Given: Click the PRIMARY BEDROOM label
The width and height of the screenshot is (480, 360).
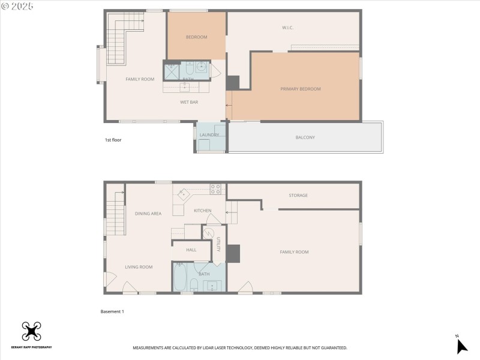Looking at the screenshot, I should [x=301, y=89].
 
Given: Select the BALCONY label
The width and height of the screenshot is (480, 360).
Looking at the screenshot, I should [x=305, y=137].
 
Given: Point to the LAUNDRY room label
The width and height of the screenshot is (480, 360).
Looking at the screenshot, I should [x=209, y=135].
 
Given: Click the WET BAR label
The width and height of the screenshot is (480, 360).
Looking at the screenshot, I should [x=189, y=102].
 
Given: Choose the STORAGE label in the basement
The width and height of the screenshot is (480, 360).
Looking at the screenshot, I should [x=298, y=195].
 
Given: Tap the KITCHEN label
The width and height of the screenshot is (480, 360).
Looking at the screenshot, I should [x=202, y=211].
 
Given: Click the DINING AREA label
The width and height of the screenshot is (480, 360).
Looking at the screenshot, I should [x=148, y=214].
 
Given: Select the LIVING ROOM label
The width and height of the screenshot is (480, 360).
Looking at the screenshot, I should [x=139, y=267].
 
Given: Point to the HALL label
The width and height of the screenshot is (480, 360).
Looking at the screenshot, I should [x=191, y=250].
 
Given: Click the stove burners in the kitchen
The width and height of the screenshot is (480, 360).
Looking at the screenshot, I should [x=215, y=188].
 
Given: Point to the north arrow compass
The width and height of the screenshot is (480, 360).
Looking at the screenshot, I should [x=461, y=345].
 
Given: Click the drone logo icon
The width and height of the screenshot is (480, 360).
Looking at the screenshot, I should [x=31, y=331].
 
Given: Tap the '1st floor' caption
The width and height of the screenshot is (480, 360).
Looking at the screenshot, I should [x=113, y=140].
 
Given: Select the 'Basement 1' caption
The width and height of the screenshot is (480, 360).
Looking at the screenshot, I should [x=112, y=311].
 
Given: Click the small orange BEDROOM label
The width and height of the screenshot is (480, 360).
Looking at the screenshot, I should [x=196, y=37].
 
